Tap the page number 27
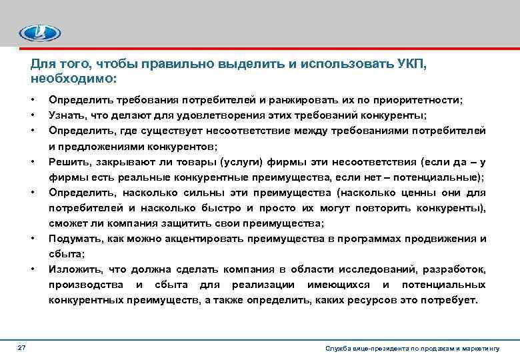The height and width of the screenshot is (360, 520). click(x=22, y=349)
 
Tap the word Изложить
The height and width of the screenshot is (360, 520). click(x=71, y=269)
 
